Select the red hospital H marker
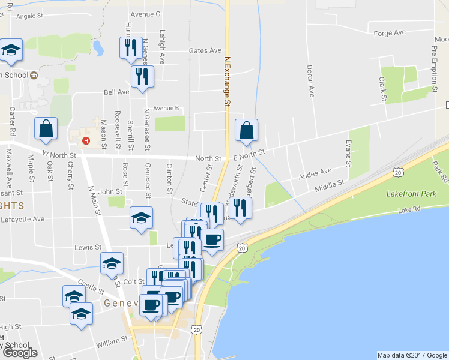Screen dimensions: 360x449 [86, 141]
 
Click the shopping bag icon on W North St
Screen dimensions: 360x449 [46, 128]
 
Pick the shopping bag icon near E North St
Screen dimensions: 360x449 [246, 130]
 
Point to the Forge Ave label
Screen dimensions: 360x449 [390, 32]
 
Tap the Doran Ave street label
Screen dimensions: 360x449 [311, 81]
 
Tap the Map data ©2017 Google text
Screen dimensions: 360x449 [412, 355]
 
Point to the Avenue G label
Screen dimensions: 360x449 [145, 13]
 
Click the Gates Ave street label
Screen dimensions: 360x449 [205, 51]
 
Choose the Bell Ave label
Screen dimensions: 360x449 [116, 92]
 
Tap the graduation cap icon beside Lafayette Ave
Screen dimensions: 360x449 [141, 218]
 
